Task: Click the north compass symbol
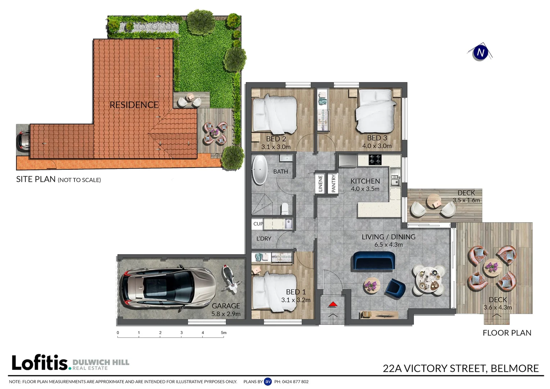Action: coord(480,53)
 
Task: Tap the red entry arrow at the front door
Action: coord(333,304)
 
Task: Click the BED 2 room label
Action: coord(276,139)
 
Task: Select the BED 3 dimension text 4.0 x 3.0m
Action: coord(377,146)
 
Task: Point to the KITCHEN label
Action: coord(365,181)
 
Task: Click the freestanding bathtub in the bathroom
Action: coord(259,170)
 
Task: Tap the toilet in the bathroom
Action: coord(285,208)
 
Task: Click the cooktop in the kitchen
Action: coord(375,160)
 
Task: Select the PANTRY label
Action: coord(333,183)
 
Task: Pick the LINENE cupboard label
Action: coord(320,183)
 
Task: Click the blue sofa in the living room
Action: coord(374,261)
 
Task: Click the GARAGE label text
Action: coord(226,306)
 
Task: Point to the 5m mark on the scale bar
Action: coord(224,333)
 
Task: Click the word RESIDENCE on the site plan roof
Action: coord(134,105)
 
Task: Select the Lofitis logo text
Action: coord(40,363)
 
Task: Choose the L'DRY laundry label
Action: coord(264,238)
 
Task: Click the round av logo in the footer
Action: coord(268,381)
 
